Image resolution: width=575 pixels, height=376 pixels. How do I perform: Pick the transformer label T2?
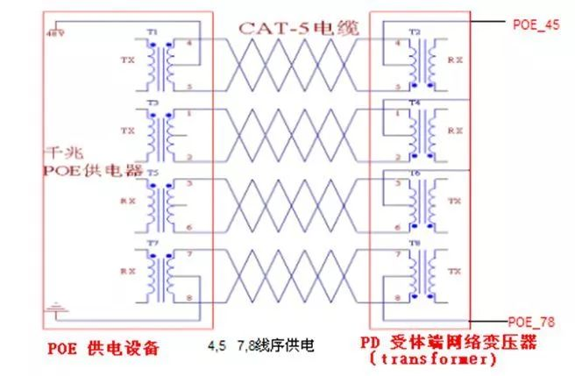(415, 33)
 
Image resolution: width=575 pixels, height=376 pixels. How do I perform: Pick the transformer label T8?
(415, 243)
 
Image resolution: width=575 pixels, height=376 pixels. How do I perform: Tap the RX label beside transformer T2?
(454, 61)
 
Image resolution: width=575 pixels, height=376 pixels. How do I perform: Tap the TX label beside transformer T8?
(454, 271)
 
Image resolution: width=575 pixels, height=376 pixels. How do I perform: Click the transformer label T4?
(415, 103)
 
